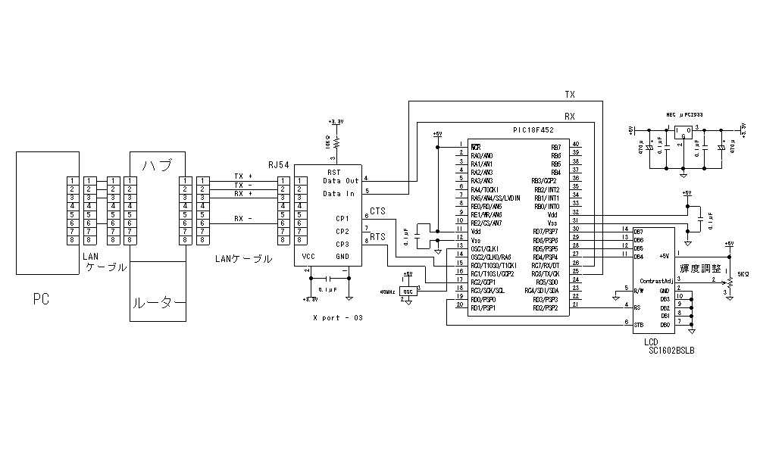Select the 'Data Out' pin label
[340, 181]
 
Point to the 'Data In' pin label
[339, 194]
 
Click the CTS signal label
[377, 212]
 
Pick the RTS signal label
[377, 237]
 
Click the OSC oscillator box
[408, 291]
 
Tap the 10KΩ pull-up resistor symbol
[333, 141]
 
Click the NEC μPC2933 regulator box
[683, 130]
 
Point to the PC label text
[41, 300]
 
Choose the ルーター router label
[158, 304]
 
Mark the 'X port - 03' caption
[338, 317]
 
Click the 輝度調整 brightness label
[700, 268]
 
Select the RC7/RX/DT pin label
[546, 266]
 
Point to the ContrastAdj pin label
[657, 280]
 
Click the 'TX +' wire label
[243, 176]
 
